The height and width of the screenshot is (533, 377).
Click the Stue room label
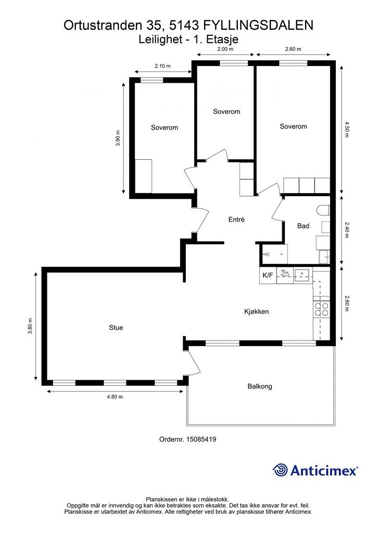pos(116,328)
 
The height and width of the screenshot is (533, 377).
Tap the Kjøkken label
pos(257,311)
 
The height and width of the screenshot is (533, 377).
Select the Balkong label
pos(260,387)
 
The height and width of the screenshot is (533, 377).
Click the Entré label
pos(236,220)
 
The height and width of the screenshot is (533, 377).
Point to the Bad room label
pos(303,226)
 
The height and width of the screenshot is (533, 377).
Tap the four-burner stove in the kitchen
pos(321,309)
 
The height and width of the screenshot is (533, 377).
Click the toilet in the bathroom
pos(323,210)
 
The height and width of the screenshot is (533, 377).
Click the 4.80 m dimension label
pos(115,397)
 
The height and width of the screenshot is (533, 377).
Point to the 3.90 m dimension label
pos(118,138)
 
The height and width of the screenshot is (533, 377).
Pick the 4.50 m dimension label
pos(347,130)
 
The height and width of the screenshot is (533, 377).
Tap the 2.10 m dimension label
pos(162,66)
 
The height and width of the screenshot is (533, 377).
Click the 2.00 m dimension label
pos(225,49)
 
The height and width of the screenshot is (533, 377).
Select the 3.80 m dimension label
pos(30,326)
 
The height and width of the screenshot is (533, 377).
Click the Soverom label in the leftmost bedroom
pos(165,128)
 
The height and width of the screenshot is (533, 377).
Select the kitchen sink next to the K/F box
pos(302,274)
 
